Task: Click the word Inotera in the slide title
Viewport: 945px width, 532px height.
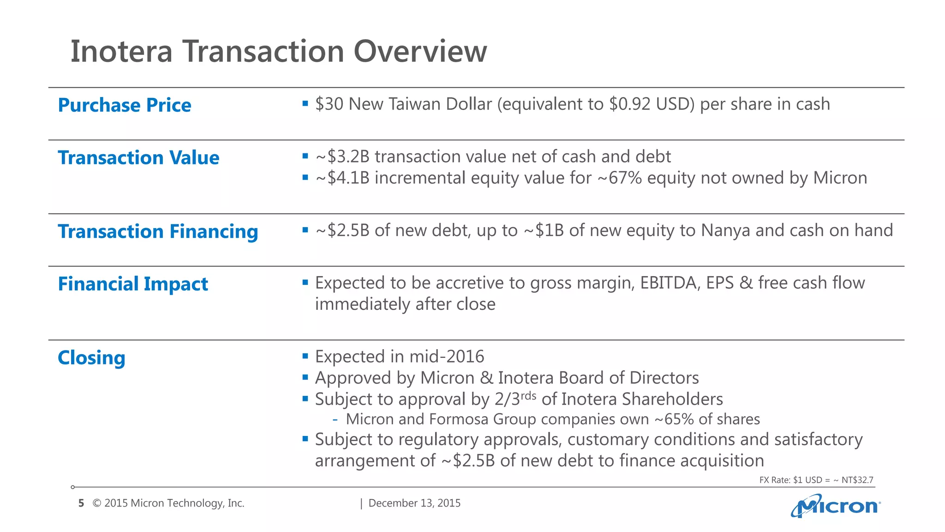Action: click(x=121, y=51)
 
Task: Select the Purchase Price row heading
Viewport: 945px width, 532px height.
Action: click(x=124, y=105)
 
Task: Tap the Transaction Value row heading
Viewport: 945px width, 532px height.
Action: click(x=138, y=158)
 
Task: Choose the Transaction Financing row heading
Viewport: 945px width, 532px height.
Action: click(x=158, y=232)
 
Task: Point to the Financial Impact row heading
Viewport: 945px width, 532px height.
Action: click(x=133, y=284)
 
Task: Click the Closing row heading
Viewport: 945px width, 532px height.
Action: click(x=91, y=358)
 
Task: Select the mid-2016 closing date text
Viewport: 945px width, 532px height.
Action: click(x=447, y=357)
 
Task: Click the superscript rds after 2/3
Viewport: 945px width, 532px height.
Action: click(x=528, y=396)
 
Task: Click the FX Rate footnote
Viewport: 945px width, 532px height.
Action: click(x=816, y=480)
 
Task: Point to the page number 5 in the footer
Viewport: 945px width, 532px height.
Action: click(x=81, y=503)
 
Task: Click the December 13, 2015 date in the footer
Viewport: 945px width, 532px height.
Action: click(x=414, y=503)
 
